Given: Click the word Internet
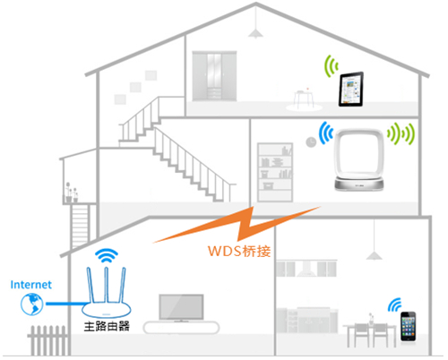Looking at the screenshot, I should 30,284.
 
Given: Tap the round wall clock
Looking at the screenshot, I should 310,140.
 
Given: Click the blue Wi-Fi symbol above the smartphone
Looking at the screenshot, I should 394,304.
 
